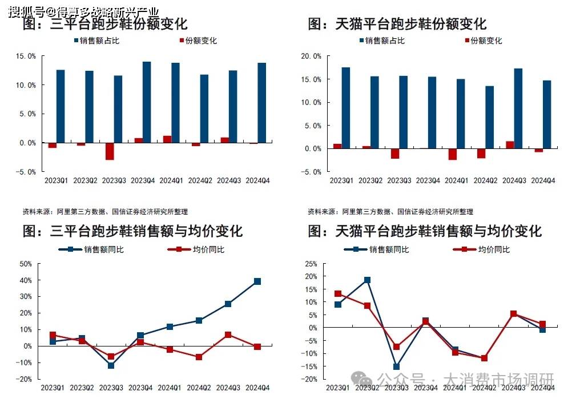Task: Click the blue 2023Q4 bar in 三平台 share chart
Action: coord(147,102)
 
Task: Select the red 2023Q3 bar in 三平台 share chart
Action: coord(110,151)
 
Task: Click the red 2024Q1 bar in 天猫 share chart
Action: coord(453,154)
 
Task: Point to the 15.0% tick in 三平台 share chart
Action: coord(27,57)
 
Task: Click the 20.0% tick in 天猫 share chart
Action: coord(311,57)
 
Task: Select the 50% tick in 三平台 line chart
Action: coord(25,264)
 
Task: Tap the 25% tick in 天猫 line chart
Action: coord(311,264)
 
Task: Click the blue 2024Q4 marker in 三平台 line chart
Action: coord(257,281)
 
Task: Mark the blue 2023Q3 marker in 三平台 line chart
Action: coord(111,365)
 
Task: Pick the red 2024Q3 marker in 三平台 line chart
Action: coord(228,335)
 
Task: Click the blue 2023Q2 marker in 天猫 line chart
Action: coord(367,280)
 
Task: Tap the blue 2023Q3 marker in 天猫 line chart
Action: coord(396,366)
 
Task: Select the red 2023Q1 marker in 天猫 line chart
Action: coord(338,294)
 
